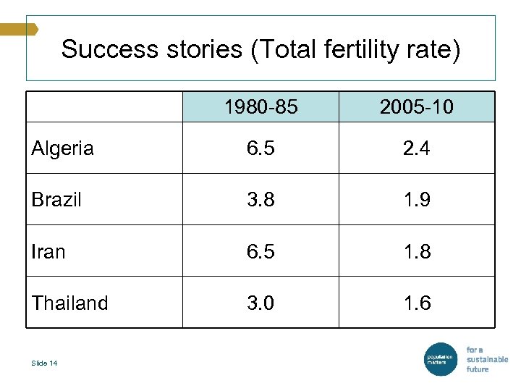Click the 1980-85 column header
pyautogui.click(x=260, y=107)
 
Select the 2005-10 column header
pyautogui.click(x=417, y=107)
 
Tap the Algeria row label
pyautogui.click(x=62, y=148)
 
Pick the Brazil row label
pyautogui.click(x=56, y=200)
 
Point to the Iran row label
pyautogui.click(x=48, y=251)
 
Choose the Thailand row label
pyautogui.click(x=69, y=303)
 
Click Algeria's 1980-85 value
pyautogui.click(x=260, y=148)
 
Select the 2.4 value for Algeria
pyautogui.click(x=417, y=148)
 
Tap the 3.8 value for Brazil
pyautogui.click(x=260, y=200)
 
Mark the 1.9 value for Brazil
pyautogui.click(x=417, y=200)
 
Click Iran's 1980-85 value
pyautogui.click(x=260, y=251)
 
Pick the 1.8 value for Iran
pyautogui.click(x=417, y=251)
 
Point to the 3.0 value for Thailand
pyautogui.click(x=260, y=303)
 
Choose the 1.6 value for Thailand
pyautogui.click(x=417, y=303)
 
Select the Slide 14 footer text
pyautogui.click(x=44, y=363)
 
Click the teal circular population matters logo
pyautogui.click(x=440, y=359)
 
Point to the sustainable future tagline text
pyautogui.click(x=486, y=359)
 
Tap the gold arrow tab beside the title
pyautogui.click(x=19, y=29)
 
